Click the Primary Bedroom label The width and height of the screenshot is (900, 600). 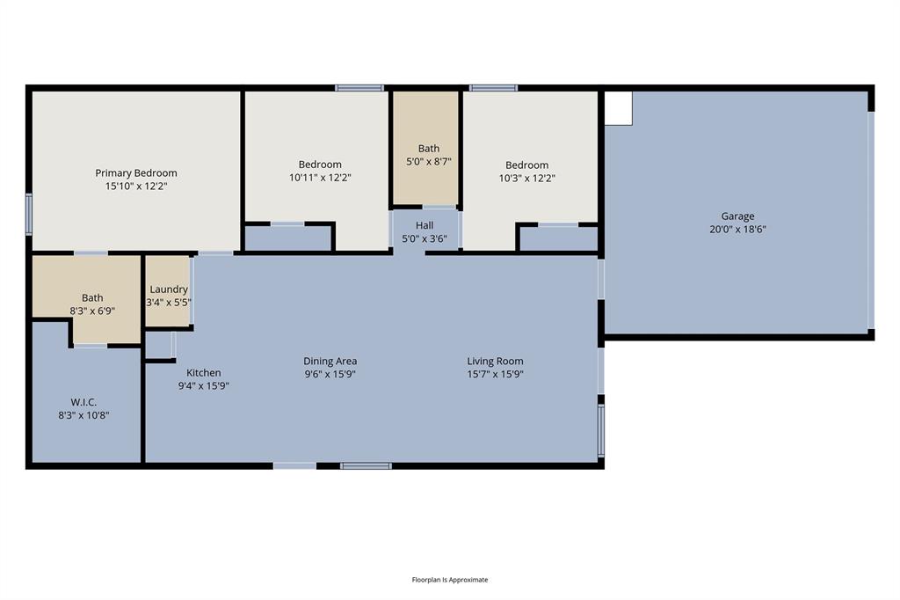pyautogui.click(x=136, y=173)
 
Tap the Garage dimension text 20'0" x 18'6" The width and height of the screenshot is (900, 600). pyautogui.click(x=738, y=230)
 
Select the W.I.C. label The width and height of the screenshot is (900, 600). pyautogui.click(x=83, y=402)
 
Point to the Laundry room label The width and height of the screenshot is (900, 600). pyautogui.click(x=168, y=289)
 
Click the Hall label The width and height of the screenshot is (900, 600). pyautogui.click(x=425, y=226)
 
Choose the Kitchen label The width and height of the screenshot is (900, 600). pyautogui.click(x=204, y=373)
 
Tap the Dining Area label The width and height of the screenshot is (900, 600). pyautogui.click(x=330, y=362)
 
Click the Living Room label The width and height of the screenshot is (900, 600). pyautogui.click(x=495, y=362)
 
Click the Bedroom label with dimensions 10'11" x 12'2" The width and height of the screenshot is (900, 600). pyautogui.click(x=320, y=165)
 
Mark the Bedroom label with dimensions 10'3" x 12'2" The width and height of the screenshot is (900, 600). pyautogui.click(x=527, y=165)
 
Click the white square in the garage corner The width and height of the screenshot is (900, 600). pyautogui.click(x=619, y=108)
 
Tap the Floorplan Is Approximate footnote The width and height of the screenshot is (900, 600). pyautogui.click(x=450, y=580)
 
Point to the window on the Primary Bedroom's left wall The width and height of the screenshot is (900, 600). pyautogui.click(x=29, y=214)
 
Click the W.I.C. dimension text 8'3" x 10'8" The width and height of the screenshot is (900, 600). pyautogui.click(x=83, y=415)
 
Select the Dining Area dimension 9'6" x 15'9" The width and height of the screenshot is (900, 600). pyautogui.click(x=330, y=374)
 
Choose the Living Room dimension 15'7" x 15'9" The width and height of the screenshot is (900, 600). pyautogui.click(x=495, y=374)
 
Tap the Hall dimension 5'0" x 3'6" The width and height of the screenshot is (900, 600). pyautogui.click(x=425, y=238)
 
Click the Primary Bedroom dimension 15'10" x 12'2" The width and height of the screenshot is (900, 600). pyautogui.click(x=136, y=187)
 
